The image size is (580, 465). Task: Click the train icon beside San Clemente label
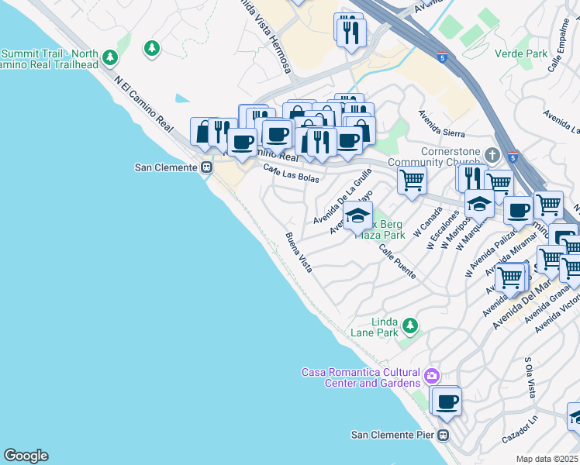click(207, 167)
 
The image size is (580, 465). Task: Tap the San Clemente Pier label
click(392, 435)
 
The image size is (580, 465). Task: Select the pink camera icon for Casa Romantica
click(432, 377)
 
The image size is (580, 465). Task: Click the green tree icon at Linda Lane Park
click(410, 325)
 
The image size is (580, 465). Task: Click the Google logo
click(26, 456)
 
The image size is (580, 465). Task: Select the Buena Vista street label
click(299, 253)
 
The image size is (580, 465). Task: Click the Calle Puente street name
click(397, 262)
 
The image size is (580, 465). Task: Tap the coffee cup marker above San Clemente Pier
click(446, 402)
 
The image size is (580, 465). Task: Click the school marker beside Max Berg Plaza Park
click(357, 216)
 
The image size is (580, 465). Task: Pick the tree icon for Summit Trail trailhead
click(110, 57)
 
